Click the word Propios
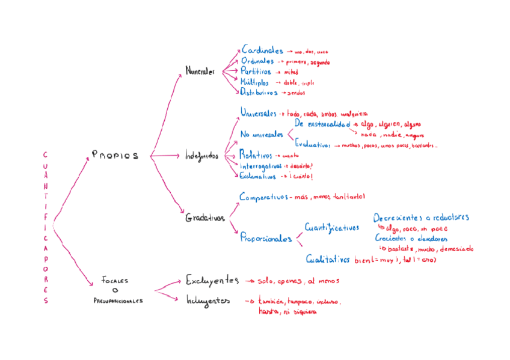click(115, 155)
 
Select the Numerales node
click(200, 71)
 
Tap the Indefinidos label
click(201, 156)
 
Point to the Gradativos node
click(204, 218)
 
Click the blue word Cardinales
click(263, 50)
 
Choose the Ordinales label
click(259, 61)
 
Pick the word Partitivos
click(256, 72)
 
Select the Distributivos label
click(259, 93)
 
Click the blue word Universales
click(259, 112)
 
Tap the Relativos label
click(256, 155)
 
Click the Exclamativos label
click(258, 177)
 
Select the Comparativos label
click(263, 197)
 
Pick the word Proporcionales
click(266, 239)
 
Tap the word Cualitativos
click(328, 260)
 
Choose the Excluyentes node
click(212, 281)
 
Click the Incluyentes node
click(207, 301)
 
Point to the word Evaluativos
click(313, 145)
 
